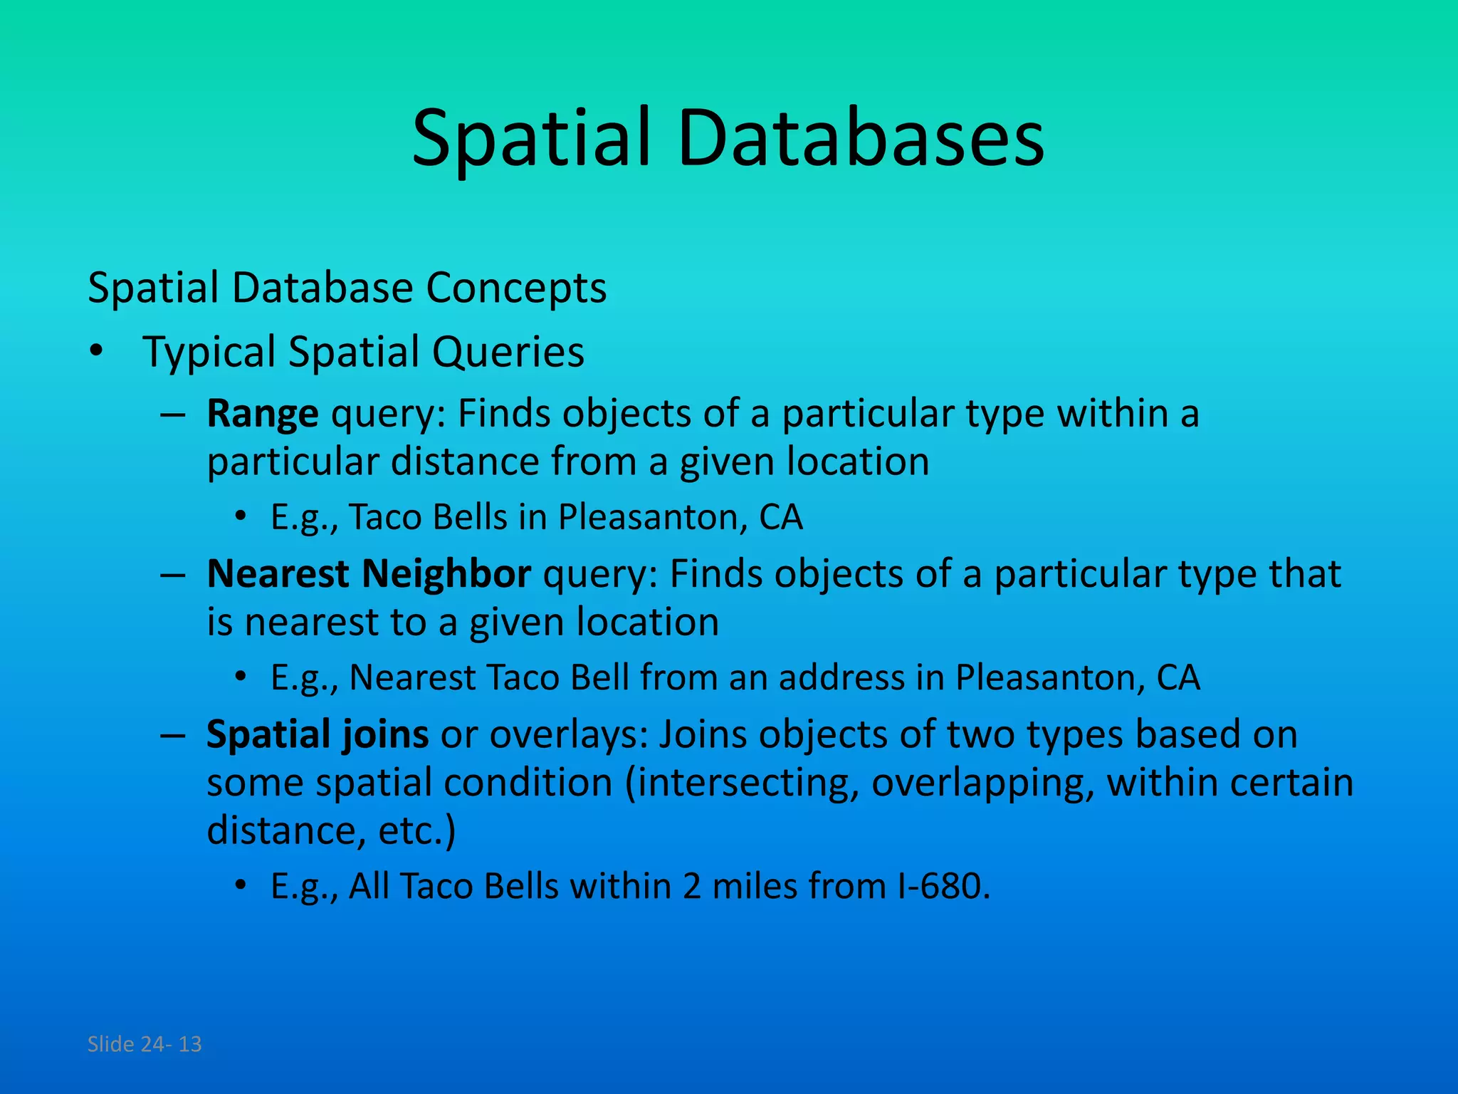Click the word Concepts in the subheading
point(516,288)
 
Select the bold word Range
point(262,414)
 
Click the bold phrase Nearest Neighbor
point(368,574)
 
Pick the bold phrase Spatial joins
point(317,734)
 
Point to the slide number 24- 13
point(171,1044)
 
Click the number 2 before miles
point(691,887)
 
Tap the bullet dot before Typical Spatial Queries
point(97,353)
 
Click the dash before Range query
point(173,414)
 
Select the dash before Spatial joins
point(173,734)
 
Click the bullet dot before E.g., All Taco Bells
point(241,887)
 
